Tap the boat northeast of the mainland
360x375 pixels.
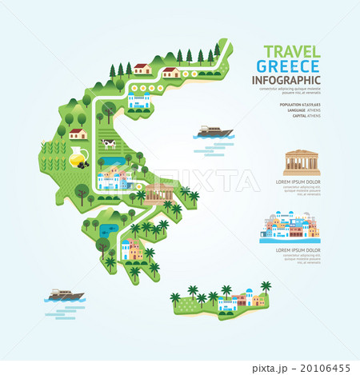coord(213,131)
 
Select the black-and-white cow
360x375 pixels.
coord(108,144)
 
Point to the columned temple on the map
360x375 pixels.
coord(159,192)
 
